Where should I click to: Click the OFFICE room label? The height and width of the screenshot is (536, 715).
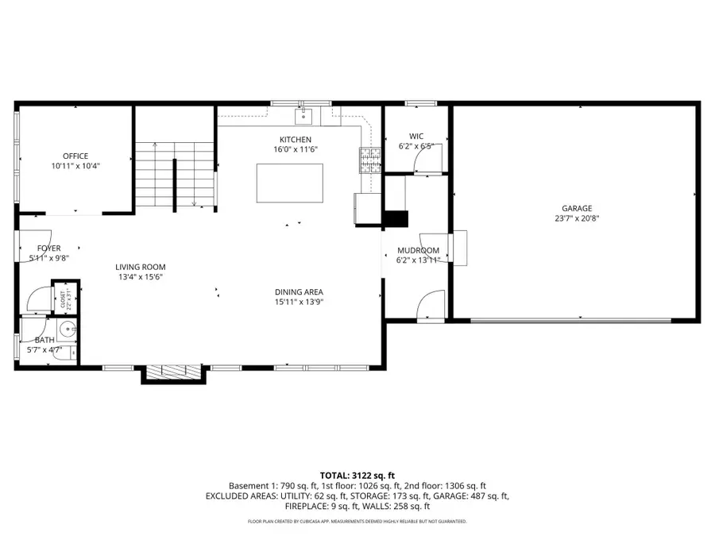(75, 156)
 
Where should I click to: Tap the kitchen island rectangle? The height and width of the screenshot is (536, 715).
(289, 183)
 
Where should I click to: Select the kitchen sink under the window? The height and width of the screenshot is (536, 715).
(303, 118)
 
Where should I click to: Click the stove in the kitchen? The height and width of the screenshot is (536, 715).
(369, 160)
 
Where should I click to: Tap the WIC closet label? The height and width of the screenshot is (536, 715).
(416, 136)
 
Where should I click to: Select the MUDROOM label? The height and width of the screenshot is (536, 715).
(418, 250)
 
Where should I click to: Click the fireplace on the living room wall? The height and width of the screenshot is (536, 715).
(172, 371)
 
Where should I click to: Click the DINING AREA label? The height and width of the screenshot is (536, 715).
(299, 291)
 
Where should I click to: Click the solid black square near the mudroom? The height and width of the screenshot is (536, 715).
(395, 219)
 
